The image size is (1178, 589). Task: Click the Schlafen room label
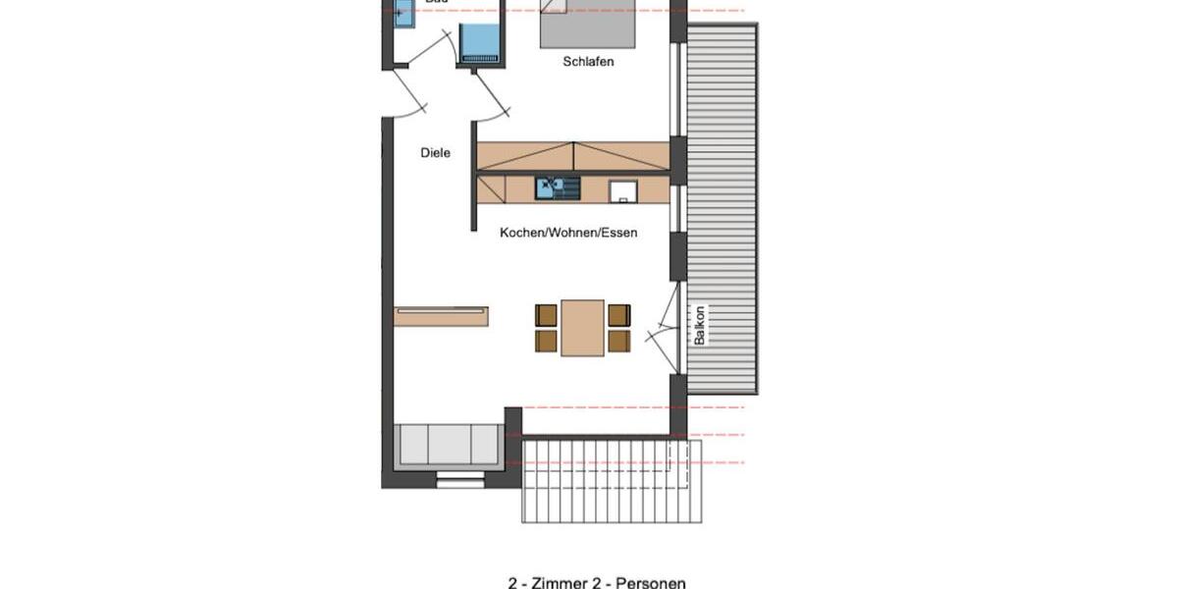tap(588, 62)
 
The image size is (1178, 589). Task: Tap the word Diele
tap(435, 153)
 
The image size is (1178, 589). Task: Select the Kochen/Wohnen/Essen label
tap(568, 233)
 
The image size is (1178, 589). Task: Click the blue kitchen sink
tap(557, 187)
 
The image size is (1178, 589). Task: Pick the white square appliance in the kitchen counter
tap(621, 190)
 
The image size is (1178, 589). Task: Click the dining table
tap(582, 328)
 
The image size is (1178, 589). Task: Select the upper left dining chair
tap(546, 314)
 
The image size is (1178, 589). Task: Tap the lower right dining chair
tap(618, 341)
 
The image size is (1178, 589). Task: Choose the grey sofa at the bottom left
tap(448, 445)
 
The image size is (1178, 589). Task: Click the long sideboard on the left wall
tap(441, 315)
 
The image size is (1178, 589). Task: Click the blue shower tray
tap(480, 42)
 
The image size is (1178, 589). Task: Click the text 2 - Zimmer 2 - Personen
tap(597, 582)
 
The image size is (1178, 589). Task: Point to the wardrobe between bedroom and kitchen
tap(574, 155)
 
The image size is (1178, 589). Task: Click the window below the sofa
tap(460, 481)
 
